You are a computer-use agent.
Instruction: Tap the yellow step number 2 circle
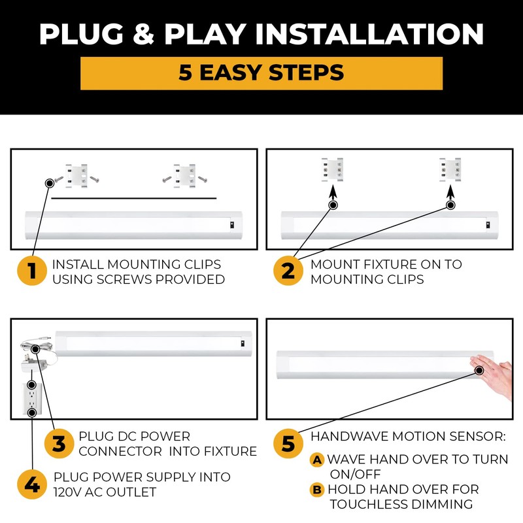288,271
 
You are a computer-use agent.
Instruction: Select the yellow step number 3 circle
59,444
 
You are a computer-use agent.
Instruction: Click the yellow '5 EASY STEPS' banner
261,73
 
